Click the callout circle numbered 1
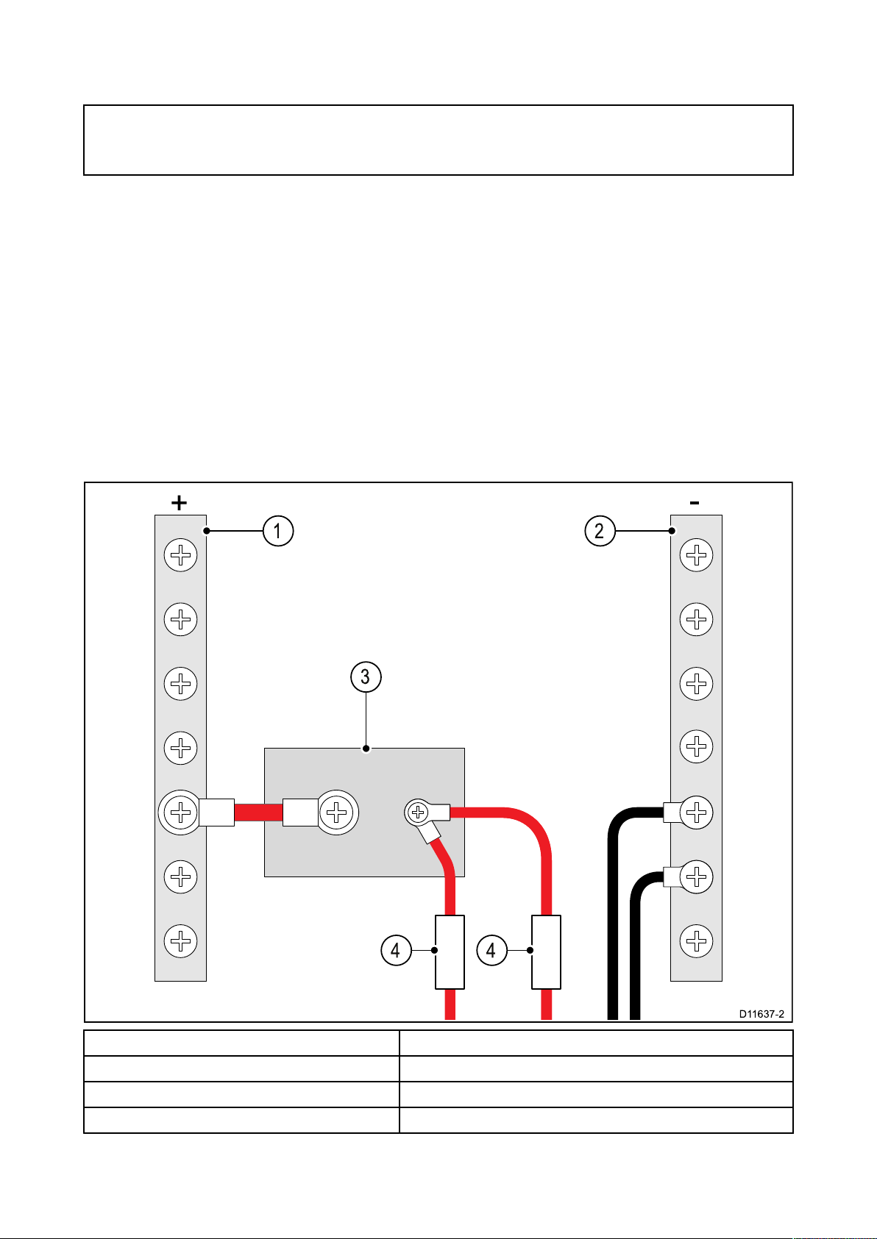[278, 531]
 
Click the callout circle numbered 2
[600, 531]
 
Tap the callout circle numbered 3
[366, 676]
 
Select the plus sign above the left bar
[179, 503]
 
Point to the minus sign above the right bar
[695, 502]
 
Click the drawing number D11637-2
[761, 1014]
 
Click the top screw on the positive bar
[180, 554]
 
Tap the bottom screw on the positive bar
[180, 941]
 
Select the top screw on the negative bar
[696, 554]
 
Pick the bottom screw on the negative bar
[696, 941]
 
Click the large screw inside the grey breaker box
[336, 813]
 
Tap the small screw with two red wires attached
[418, 813]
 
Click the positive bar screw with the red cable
[180, 813]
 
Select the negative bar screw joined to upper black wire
[696, 813]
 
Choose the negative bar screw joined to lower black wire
[696, 876]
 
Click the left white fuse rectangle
[450, 952]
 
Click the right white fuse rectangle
[546, 952]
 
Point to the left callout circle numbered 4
[396, 950]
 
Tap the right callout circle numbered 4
[492, 950]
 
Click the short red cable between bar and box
[258, 813]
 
